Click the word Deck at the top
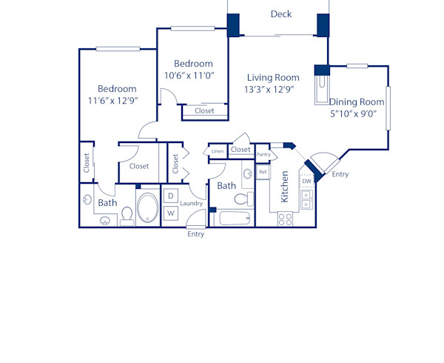[280, 14]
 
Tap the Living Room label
[273, 77]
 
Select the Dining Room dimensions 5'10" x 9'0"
[354, 114]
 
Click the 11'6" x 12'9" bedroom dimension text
[112, 101]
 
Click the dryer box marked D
[169, 196]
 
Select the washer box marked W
[169, 213]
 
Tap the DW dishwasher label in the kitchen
[306, 181]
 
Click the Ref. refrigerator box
[263, 172]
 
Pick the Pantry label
[263, 154]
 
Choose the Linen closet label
[217, 151]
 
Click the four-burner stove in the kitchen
[285, 219]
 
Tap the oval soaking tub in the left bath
[147, 208]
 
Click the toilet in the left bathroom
[127, 215]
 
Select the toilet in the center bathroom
[243, 199]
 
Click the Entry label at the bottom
[195, 234]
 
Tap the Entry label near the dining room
[340, 174]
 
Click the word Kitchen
[284, 187]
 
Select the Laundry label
[192, 203]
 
